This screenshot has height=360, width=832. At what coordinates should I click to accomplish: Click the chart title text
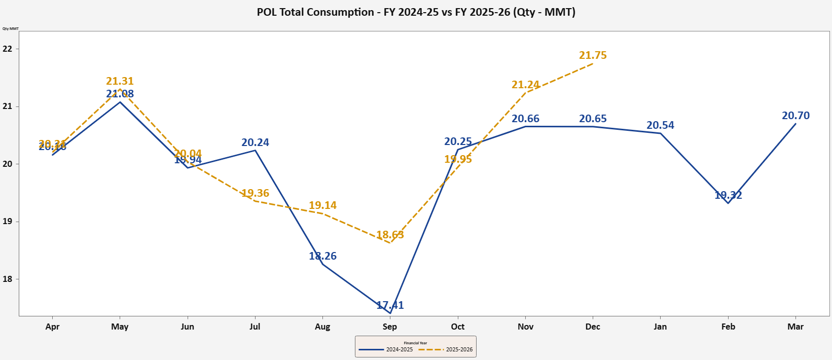pyautogui.click(x=416, y=12)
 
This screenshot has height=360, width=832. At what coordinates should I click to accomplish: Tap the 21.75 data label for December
pyautogui.click(x=593, y=55)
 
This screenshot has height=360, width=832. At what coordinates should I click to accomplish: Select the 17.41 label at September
pyautogui.click(x=390, y=305)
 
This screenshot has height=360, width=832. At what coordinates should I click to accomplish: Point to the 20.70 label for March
pyautogui.click(x=795, y=116)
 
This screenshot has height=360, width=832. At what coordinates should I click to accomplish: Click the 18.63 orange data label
pyautogui.click(x=390, y=235)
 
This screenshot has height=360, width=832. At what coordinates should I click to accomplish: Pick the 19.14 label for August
pyautogui.click(x=322, y=205)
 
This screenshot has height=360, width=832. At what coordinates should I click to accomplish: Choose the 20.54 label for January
pyautogui.click(x=660, y=125)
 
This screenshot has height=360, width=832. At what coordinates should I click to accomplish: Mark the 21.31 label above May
pyautogui.click(x=120, y=81)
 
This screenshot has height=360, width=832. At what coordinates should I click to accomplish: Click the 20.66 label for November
pyautogui.click(x=525, y=119)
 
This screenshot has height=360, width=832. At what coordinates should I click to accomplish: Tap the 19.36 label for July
pyautogui.click(x=255, y=193)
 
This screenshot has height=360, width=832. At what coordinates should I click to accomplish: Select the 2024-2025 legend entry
pyautogui.click(x=386, y=349)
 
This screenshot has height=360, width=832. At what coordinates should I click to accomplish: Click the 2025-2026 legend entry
pyautogui.click(x=446, y=349)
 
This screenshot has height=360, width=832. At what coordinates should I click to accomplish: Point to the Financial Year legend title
pyautogui.click(x=415, y=343)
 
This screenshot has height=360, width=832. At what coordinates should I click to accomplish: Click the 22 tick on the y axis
pyautogui.click(x=7, y=49)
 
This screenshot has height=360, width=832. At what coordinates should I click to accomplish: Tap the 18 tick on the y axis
pyautogui.click(x=7, y=279)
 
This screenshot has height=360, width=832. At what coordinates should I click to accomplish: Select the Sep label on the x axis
pyautogui.click(x=389, y=327)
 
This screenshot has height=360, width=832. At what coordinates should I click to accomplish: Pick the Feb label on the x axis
pyautogui.click(x=728, y=327)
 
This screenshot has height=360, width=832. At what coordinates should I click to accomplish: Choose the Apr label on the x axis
pyautogui.click(x=52, y=327)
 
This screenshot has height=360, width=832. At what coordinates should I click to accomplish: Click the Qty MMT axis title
pyautogui.click(x=10, y=28)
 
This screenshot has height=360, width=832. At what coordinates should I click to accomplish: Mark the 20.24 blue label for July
pyautogui.click(x=255, y=142)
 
